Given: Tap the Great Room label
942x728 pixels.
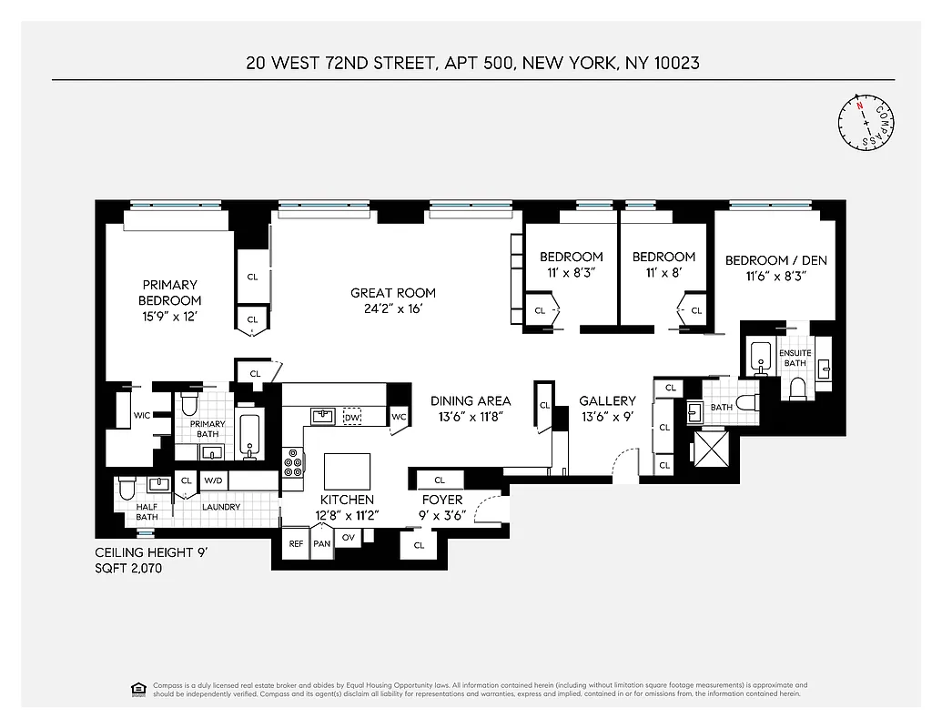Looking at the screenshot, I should (393, 293).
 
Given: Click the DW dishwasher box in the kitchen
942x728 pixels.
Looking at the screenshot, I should (352, 417).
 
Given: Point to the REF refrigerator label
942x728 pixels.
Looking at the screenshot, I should (296, 543).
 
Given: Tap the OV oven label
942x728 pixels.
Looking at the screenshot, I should (349, 537).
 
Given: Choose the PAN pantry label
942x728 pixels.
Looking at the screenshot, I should (321, 543).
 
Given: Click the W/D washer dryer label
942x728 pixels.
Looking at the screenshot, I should (213, 480).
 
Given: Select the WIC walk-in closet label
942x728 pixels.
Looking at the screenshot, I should (142, 415).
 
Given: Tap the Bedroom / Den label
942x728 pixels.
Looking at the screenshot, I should (775, 260).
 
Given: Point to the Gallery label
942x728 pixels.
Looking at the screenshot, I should (607, 400).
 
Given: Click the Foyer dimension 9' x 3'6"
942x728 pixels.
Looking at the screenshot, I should (442, 514).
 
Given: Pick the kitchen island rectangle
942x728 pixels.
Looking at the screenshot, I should (347, 471).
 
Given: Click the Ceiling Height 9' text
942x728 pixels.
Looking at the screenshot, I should (153, 552).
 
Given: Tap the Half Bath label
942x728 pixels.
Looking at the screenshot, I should (147, 512).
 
